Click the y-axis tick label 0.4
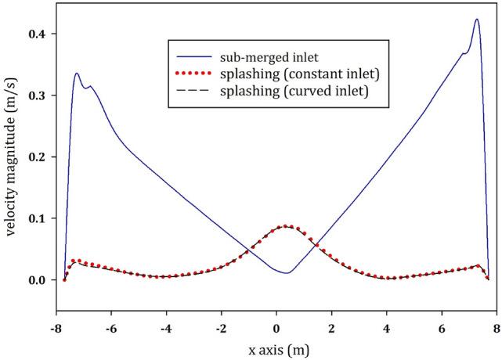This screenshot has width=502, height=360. [x=38, y=34]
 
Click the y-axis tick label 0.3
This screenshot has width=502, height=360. [x=38, y=95]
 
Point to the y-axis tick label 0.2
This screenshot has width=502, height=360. [x=38, y=157]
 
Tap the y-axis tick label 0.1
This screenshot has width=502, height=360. [x=38, y=218]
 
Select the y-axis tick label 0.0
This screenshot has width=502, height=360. [x=38, y=279]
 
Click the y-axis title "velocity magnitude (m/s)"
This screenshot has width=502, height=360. [x=12, y=157]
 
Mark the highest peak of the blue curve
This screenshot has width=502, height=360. [x=476, y=20]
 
